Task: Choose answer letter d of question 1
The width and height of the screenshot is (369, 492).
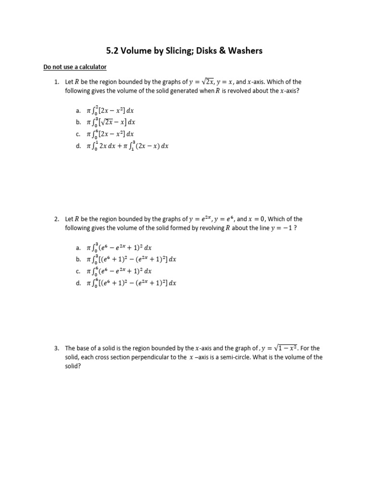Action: (x=78, y=146)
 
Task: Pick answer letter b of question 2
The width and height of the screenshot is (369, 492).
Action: (x=78, y=259)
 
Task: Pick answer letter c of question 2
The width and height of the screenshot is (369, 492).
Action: (x=78, y=271)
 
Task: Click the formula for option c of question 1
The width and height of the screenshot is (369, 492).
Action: (x=110, y=134)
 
